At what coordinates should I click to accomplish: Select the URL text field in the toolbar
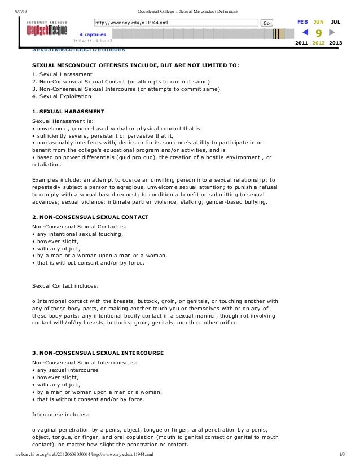(175, 23)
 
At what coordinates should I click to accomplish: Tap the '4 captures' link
(93, 34)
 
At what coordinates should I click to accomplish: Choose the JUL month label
(336, 21)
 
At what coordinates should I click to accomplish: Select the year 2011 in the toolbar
(302, 43)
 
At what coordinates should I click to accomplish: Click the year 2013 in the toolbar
(335, 43)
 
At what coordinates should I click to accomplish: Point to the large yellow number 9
(319, 33)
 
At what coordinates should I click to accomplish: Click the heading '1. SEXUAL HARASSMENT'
(68, 111)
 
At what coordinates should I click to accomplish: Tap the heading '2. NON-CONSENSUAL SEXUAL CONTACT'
(90, 217)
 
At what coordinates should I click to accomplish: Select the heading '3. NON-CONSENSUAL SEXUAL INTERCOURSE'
(98, 353)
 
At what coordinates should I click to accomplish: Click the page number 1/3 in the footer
(341, 454)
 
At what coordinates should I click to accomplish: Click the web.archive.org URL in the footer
(84, 454)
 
